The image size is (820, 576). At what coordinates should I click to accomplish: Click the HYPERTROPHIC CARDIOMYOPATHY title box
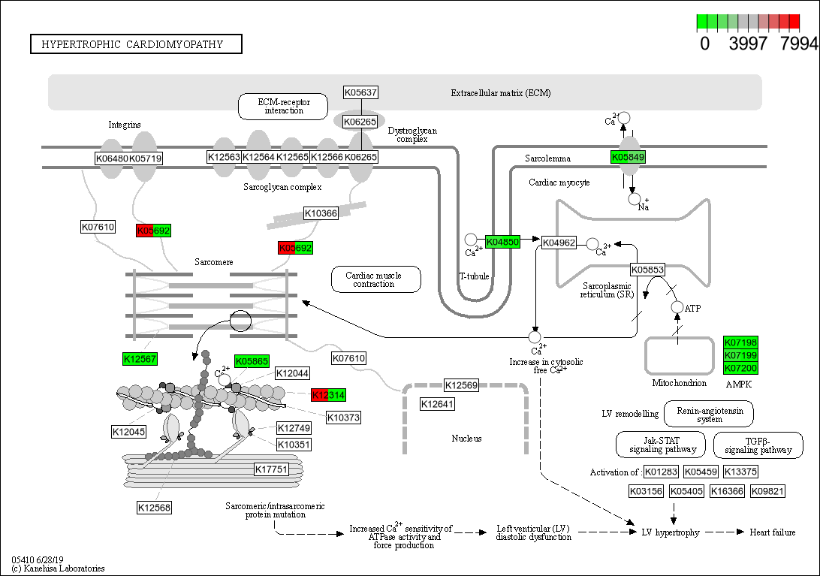click(136, 44)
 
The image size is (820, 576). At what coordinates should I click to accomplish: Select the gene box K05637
click(360, 92)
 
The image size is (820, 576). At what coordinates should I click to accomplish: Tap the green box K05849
click(628, 157)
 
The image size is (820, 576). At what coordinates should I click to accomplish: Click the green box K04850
click(502, 242)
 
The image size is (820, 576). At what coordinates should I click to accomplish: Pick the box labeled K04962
click(559, 242)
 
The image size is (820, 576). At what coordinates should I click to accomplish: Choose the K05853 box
click(647, 270)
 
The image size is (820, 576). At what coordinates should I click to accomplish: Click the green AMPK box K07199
click(740, 355)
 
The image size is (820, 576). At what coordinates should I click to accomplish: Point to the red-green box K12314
click(328, 395)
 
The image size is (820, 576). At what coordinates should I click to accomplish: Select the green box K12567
click(140, 359)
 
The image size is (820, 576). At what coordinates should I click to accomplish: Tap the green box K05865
click(252, 361)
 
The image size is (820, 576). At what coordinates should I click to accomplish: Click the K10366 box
click(321, 213)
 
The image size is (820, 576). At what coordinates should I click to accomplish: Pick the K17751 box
click(271, 469)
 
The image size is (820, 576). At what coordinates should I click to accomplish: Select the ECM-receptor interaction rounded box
click(284, 106)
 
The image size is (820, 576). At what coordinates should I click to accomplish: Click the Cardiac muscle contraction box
click(375, 279)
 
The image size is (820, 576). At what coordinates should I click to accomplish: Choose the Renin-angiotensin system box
click(710, 414)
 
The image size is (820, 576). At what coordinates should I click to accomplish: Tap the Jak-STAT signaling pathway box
click(661, 445)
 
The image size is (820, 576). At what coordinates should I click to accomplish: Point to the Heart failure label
click(773, 532)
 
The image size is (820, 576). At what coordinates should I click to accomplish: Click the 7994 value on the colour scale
click(798, 44)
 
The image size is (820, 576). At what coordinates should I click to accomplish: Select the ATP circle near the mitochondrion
click(677, 308)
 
